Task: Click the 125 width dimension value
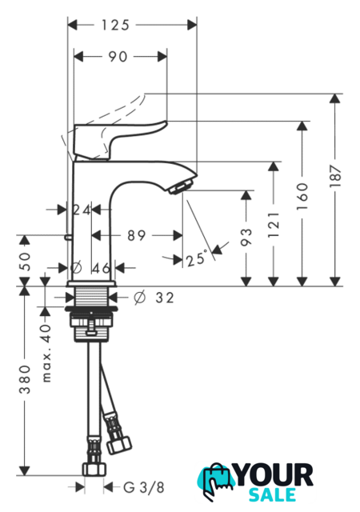(115, 25)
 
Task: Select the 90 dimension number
(118, 57)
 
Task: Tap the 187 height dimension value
(335, 177)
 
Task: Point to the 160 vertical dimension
(303, 196)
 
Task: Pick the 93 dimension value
(246, 237)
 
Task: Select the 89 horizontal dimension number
(136, 235)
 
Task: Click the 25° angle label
(197, 258)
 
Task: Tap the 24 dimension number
(82, 210)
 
